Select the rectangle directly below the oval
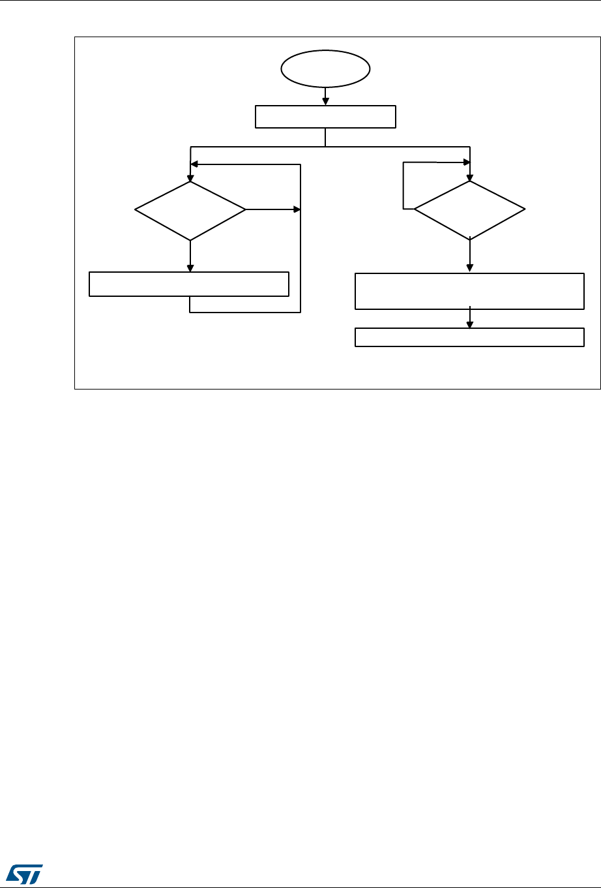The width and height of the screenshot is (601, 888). coord(325,117)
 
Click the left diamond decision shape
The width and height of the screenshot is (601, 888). coord(190,210)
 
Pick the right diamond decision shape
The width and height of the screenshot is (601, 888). coord(469,209)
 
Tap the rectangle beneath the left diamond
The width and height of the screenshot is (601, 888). coord(189,284)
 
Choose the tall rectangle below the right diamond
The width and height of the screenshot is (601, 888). coord(469,291)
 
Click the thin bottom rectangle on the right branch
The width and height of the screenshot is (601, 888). coord(469,337)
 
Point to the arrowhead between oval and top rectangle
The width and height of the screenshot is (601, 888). coord(325,100)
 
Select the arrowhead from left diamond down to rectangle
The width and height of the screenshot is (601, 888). coord(190,267)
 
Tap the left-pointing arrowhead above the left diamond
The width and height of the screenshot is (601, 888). coord(194,165)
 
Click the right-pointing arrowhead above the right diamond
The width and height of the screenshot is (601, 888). coord(466,162)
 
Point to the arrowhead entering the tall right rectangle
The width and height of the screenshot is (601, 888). coord(470,268)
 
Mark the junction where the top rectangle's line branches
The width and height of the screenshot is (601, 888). coord(325,146)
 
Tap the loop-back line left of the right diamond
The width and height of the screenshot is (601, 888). coord(404,186)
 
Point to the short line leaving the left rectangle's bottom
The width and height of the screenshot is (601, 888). coord(190,304)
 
